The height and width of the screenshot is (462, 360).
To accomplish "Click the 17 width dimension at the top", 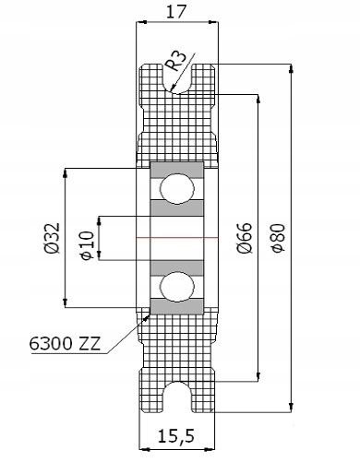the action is (x=176, y=12).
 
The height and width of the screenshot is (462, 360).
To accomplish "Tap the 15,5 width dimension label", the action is (x=176, y=435).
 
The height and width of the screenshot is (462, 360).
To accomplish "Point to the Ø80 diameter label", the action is (x=279, y=238).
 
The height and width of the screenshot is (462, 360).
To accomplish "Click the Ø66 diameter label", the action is (x=246, y=238).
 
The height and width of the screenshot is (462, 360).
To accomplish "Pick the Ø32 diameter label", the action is (x=52, y=238).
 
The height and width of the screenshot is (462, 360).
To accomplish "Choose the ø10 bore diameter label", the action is (x=86, y=245).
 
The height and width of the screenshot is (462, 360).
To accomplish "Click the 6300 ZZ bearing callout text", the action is (x=65, y=343).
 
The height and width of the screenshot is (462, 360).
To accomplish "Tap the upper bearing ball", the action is (x=177, y=188).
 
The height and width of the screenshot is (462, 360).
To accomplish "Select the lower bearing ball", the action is (x=177, y=287).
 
